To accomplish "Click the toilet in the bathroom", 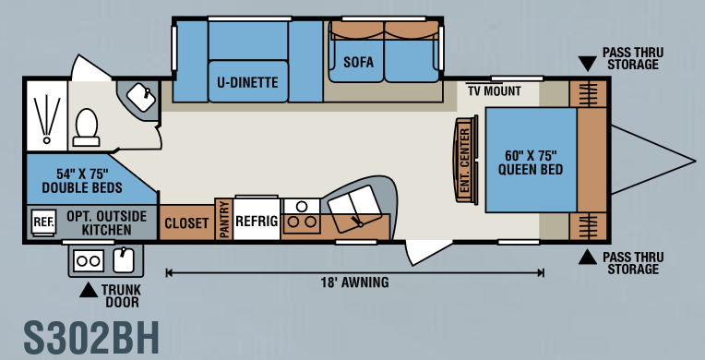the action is click(86, 127).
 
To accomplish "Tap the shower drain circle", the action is click(47, 140).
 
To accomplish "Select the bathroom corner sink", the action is click(141, 97).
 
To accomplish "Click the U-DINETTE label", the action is click(247, 82).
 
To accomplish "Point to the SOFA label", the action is click(358, 62).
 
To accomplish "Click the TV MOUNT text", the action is click(494, 90).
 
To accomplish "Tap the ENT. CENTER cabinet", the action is click(465, 160).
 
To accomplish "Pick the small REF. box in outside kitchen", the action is click(44, 222).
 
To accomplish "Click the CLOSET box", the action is click(187, 222).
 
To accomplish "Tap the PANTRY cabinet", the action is click(224, 219).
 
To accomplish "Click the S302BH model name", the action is click(91, 338).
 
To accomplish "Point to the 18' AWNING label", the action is click(354, 282).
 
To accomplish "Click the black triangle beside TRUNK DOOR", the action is click(89, 290).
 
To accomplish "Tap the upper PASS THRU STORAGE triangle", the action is click(587, 64).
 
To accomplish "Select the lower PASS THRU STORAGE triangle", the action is click(587, 257).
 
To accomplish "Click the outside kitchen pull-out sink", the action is click(124, 260).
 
